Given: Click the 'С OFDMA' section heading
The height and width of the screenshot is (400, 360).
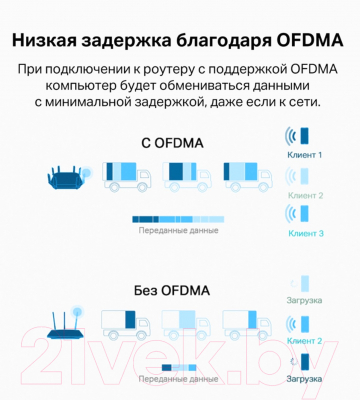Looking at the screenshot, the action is (x=172, y=143).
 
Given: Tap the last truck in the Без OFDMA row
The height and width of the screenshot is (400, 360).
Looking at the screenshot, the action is (x=246, y=326).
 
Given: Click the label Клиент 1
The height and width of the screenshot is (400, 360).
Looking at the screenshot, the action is (x=305, y=156).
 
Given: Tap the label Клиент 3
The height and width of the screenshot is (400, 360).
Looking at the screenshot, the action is (x=305, y=233).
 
